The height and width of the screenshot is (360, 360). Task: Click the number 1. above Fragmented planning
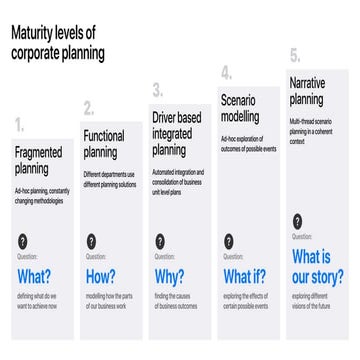coord(20,127)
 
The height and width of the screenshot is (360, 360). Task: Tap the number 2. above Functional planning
coord(89,108)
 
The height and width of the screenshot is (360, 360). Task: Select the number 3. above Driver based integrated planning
coord(158,91)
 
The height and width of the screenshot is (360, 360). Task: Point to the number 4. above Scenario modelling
coord(226,72)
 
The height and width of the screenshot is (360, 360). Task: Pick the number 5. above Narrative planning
coord(295,56)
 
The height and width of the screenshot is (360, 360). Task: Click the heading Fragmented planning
coord(38,161)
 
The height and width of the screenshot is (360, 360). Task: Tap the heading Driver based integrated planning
coord(178,134)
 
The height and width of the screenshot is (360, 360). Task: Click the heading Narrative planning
coord(306,91)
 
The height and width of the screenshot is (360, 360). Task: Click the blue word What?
coord(34,277)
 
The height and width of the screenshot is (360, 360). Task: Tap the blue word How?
coord(100,277)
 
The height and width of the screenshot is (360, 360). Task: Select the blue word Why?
coord(169,277)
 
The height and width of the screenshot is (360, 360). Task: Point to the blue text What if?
coord(243,277)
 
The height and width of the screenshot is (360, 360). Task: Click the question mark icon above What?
coord(23,241)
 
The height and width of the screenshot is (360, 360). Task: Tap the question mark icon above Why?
coord(160,241)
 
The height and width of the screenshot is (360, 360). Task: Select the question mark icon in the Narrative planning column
coord(297,221)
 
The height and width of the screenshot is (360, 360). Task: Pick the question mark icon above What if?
coord(228,241)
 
